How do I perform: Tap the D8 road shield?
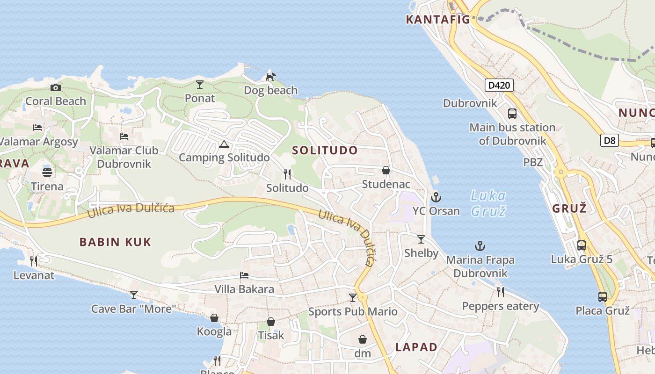coord(610,140)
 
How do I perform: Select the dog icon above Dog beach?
coord(270,76)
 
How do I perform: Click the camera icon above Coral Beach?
coord(56,87)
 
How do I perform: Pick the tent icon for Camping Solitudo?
coord(224,144)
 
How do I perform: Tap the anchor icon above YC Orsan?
coord(436,197)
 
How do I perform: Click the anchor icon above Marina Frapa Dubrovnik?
coord(480,246)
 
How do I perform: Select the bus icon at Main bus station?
coord(512,114)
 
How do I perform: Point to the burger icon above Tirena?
coord(47,172)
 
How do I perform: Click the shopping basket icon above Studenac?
coord(386,170)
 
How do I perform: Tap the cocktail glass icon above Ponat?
coord(200,85)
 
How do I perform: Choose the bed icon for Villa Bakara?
coord(244,275)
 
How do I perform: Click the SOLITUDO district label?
coord(325,151)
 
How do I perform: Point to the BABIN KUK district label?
coord(115,242)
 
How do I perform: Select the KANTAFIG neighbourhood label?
coord(438,20)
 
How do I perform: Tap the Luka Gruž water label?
coord(488,203)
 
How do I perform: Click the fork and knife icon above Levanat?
coord(34,261)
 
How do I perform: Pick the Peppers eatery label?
coord(501,306)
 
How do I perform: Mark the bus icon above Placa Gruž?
coord(603,296)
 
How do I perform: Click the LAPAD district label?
coord(416,347)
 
